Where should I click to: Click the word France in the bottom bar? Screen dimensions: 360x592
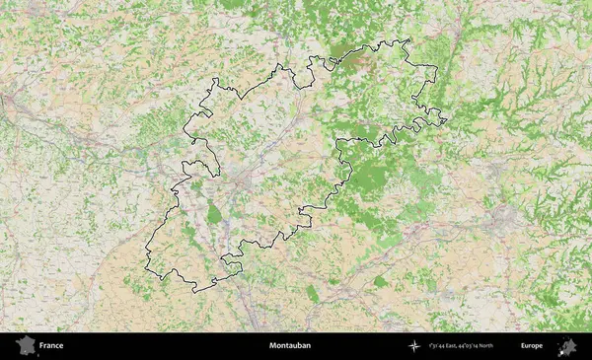click(51, 346)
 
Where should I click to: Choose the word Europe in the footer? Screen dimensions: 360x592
click(532, 346)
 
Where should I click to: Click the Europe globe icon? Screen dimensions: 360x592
click(567, 346)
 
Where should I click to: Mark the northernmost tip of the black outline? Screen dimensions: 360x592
click(405, 39)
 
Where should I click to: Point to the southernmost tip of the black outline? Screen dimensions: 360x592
click(195, 292)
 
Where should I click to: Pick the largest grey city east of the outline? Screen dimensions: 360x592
click(504, 217)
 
